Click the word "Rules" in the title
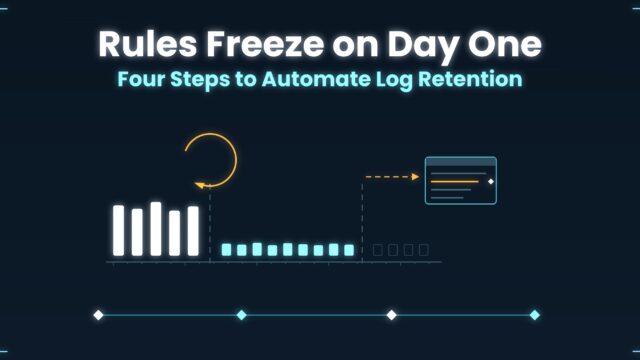(x=147, y=43)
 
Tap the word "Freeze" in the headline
(x=265, y=43)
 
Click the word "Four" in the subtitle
(x=141, y=79)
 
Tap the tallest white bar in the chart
(x=156, y=229)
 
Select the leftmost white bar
(x=118, y=231)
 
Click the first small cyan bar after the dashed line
(x=226, y=250)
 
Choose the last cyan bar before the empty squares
(x=349, y=250)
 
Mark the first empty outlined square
(x=378, y=250)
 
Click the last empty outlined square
(x=424, y=250)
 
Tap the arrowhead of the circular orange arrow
(x=200, y=185)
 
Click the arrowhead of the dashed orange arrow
(x=416, y=177)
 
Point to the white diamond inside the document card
(x=491, y=181)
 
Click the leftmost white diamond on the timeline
(x=98, y=315)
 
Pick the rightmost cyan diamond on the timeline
(x=535, y=315)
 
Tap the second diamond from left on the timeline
(x=242, y=315)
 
